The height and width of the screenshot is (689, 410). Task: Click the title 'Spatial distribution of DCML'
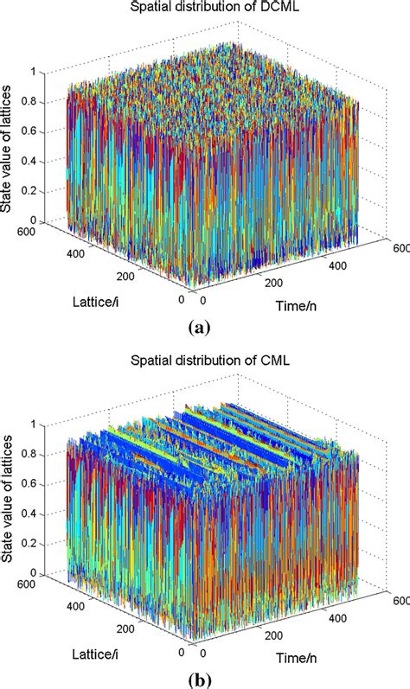click(x=206, y=9)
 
